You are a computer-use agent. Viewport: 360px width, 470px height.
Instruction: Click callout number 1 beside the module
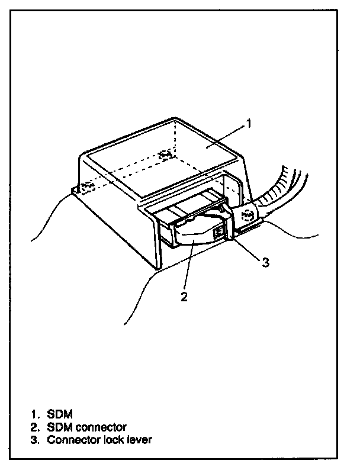[248, 123]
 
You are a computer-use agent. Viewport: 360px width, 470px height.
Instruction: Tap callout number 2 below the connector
[184, 297]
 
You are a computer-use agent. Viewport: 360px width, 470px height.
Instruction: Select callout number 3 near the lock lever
[266, 262]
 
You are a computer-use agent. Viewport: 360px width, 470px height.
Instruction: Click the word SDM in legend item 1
[60, 414]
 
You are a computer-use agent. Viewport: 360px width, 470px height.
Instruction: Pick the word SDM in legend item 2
[60, 427]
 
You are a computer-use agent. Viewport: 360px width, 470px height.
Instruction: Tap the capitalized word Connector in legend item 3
[74, 440]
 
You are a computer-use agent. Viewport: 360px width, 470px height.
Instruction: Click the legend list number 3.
[34, 440]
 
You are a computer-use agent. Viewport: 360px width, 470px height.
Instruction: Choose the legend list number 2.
[34, 427]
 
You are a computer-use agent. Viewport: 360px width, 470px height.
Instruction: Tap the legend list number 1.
[34, 414]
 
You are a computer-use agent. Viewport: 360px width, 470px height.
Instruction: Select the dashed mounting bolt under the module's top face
[165, 156]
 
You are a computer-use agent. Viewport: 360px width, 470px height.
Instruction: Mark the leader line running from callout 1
[225, 137]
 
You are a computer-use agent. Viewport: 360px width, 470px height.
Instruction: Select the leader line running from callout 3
[246, 245]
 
